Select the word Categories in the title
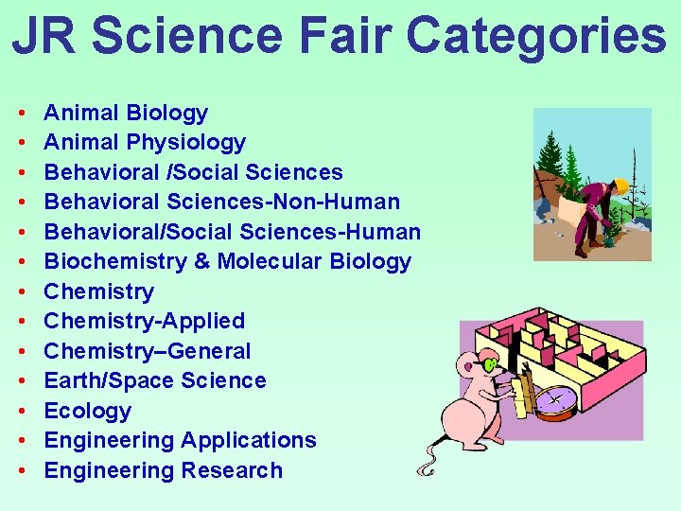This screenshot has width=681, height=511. pyautogui.click(x=537, y=35)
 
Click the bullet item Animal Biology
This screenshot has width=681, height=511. pyautogui.click(x=126, y=114)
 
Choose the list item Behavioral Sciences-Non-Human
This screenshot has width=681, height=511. pyautogui.click(x=222, y=203)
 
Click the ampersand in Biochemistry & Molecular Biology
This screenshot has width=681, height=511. pyautogui.click(x=201, y=262)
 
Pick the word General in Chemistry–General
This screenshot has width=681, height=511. pyautogui.click(x=208, y=351)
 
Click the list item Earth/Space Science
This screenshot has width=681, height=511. pyautogui.click(x=155, y=381)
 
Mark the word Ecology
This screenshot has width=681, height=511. pyautogui.click(x=88, y=411)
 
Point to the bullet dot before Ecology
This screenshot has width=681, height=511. pyautogui.click(x=21, y=412)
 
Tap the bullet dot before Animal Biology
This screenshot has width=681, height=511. pyautogui.click(x=21, y=114)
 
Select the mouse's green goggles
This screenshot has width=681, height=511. pyautogui.click(x=490, y=364)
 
